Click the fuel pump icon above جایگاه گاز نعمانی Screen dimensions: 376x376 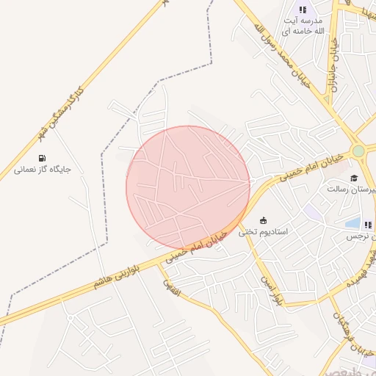click(x=42, y=158)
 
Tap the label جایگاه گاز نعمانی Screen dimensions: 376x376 click(x=42, y=170)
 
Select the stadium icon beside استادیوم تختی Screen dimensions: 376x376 click(x=263, y=220)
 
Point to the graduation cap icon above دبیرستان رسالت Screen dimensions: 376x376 click(x=354, y=178)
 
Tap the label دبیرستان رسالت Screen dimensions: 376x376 click(x=352, y=189)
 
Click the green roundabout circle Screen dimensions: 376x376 click(x=358, y=151)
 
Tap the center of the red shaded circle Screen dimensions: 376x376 click(x=188, y=188)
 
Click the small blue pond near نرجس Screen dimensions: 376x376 click(x=353, y=223)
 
